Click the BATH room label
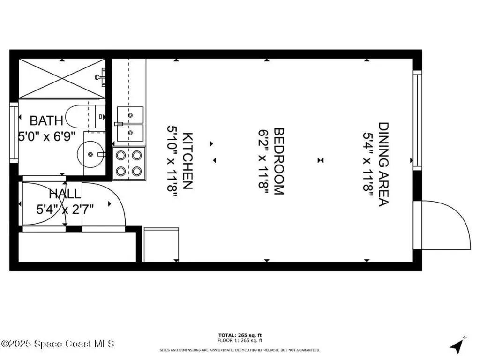[46, 120]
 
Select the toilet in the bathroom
[84, 116]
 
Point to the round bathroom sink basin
[88, 153]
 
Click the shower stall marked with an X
[62, 79]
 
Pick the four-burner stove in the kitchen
[129, 163]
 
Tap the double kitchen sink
[130, 124]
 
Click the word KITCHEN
[187, 161]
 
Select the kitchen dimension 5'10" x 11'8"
[172, 161]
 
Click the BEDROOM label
[278, 161]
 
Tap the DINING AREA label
[384, 164]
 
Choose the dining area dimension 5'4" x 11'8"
[368, 164]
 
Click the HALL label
[65, 194]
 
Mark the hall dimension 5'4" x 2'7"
[65, 209]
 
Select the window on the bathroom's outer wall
[14, 132]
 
